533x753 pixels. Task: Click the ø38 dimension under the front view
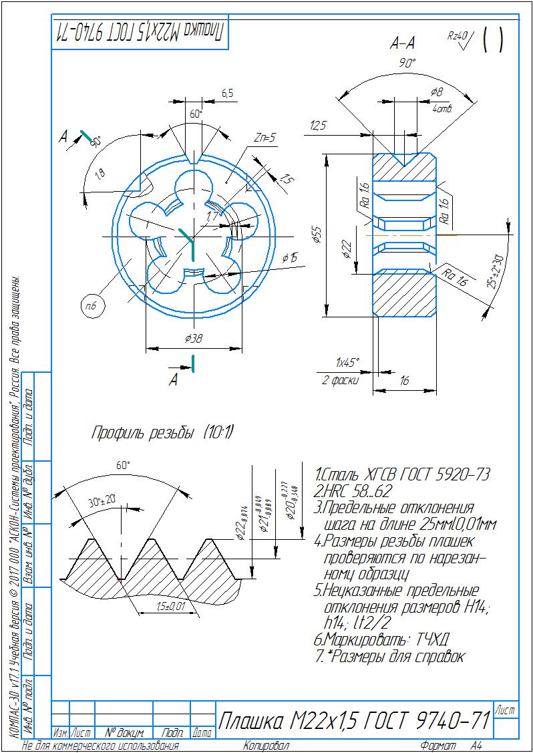click(193, 339)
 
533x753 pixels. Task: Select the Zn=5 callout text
click(264, 138)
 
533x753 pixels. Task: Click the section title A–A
click(403, 45)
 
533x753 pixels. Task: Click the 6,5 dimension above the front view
click(227, 94)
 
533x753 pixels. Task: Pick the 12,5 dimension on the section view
click(318, 126)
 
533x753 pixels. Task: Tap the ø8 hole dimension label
click(437, 92)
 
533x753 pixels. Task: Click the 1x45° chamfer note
click(347, 362)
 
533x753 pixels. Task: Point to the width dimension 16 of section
click(403, 380)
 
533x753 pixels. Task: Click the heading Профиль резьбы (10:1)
click(162, 433)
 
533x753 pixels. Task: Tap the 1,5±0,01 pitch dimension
click(170, 606)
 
